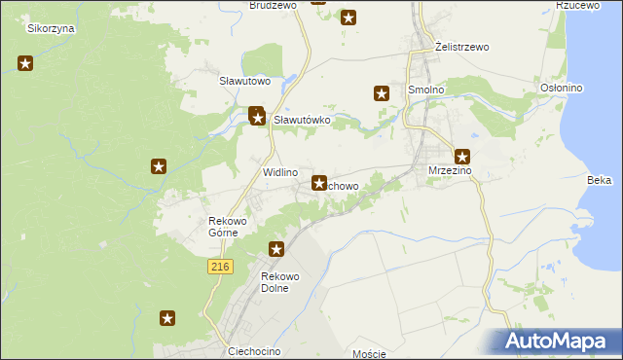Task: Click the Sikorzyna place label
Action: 52,28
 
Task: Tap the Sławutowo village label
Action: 243,81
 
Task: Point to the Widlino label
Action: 280,172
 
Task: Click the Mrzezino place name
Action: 450,171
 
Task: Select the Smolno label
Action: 426,90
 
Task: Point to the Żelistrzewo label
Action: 461,47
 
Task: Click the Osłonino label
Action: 561,89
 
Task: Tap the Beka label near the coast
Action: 600,180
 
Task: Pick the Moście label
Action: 370,354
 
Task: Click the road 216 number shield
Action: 219,266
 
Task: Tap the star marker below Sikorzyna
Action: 25,64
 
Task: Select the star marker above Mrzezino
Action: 462,156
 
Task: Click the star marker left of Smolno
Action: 382,93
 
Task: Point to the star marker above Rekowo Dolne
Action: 276,249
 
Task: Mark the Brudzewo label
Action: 273,5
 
